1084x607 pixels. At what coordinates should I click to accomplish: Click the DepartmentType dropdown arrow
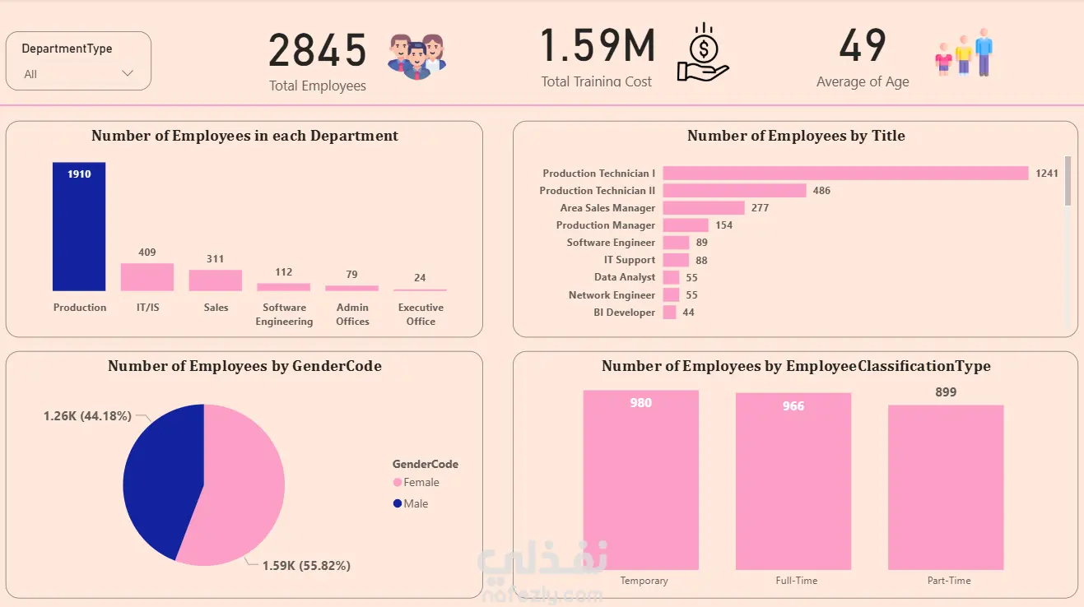pyautogui.click(x=128, y=73)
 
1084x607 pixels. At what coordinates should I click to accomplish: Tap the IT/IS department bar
pyautogui.click(x=147, y=277)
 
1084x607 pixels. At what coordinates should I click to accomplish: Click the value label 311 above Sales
pyautogui.click(x=215, y=259)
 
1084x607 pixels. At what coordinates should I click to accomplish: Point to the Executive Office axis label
pyautogui.click(x=421, y=314)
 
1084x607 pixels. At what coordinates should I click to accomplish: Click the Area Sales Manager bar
pyautogui.click(x=704, y=208)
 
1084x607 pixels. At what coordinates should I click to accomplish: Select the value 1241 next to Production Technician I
pyautogui.click(x=1047, y=174)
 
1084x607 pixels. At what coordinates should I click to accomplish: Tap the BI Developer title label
pyautogui.click(x=625, y=313)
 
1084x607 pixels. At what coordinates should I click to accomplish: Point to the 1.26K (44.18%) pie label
pyautogui.click(x=87, y=416)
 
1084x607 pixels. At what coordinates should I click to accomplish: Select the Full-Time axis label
pyautogui.click(x=797, y=581)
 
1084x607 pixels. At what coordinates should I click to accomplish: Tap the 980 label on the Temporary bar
pyautogui.click(x=640, y=403)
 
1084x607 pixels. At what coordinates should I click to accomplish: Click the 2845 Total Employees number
pyautogui.click(x=318, y=51)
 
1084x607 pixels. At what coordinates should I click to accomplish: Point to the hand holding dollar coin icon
pyautogui.click(x=702, y=53)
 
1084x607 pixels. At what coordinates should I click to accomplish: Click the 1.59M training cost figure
pyautogui.click(x=598, y=46)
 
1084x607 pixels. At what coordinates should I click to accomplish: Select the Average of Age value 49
pyautogui.click(x=863, y=46)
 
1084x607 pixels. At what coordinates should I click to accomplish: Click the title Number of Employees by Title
pyautogui.click(x=796, y=137)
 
